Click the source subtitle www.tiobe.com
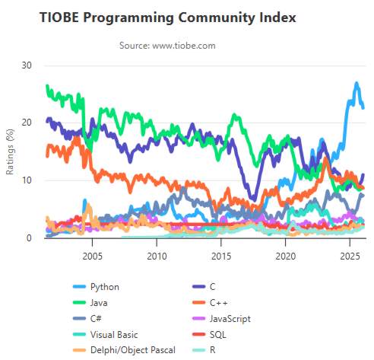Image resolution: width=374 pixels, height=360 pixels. pyautogui.click(x=167, y=46)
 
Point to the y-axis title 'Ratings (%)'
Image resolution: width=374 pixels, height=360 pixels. pyautogui.click(x=10, y=152)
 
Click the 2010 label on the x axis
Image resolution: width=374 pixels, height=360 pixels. pyautogui.click(x=157, y=256)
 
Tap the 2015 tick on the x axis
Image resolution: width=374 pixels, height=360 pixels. pyautogui.click(x=221, y=256)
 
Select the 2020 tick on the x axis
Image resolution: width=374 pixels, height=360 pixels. pyautogui.click(x=285, y=256)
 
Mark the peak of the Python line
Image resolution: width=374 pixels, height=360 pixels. pyautogui.click(x=356, y=83)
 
